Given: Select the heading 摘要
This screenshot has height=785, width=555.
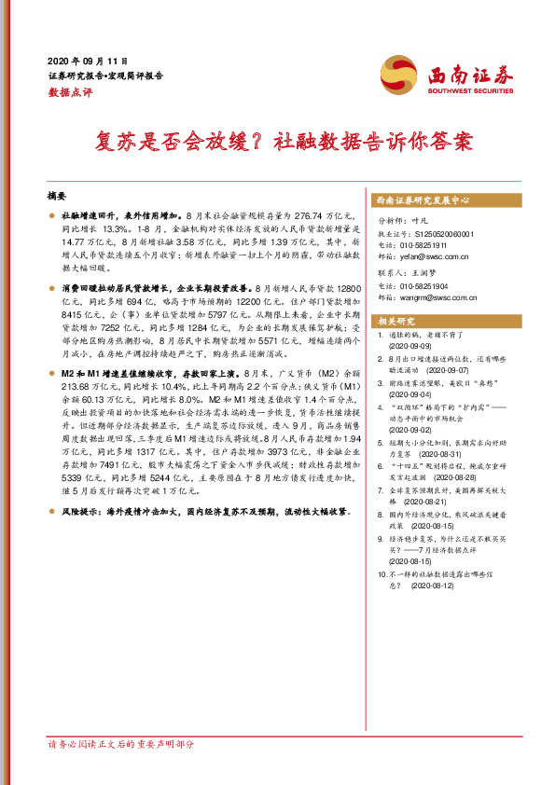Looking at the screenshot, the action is pyautogui.click(x=58, y=197).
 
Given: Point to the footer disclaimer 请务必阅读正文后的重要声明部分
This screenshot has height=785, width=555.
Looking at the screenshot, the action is pyautogui.click(x=122, y=744).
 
